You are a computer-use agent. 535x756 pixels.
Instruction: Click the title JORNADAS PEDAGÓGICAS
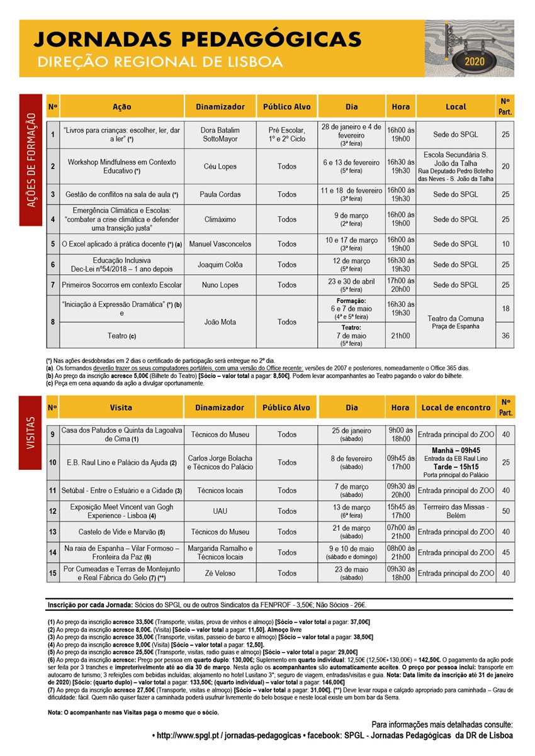point(197,40)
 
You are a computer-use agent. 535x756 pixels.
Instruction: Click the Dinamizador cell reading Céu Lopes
point(220,167)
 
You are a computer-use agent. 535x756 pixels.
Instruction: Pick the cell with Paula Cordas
point(220,194)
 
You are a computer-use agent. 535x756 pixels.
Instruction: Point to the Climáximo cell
point(220,220)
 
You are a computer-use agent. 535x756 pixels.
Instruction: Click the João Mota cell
point(220,322)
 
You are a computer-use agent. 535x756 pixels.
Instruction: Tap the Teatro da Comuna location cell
point(456,322)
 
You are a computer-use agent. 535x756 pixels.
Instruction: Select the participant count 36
point(505,336)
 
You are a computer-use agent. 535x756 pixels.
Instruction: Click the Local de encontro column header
point(456,408)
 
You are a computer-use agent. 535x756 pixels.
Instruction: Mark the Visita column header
point(121,408)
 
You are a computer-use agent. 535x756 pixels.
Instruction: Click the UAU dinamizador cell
point(220,511)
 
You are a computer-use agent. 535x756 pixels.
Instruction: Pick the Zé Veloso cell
point(220,573)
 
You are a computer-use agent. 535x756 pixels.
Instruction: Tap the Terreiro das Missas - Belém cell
point(456,511)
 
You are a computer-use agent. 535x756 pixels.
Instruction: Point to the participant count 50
point(505,511)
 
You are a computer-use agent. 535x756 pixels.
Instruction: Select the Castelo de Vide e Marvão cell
point(121,532)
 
